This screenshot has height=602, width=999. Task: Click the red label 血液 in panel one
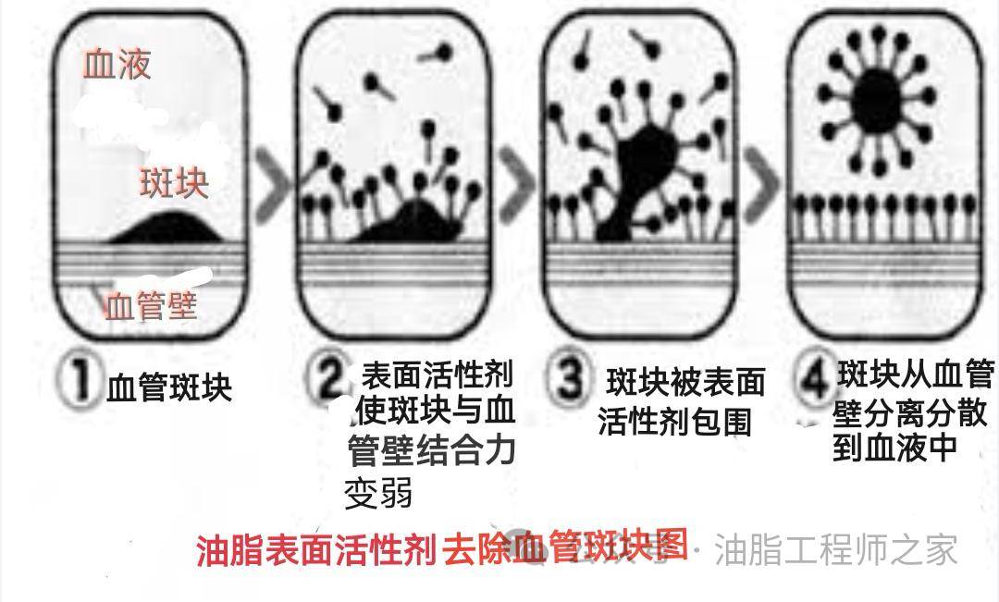(117, 65)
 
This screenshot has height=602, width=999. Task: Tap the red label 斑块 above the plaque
(174, 183)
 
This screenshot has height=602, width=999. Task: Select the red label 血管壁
(151, 306)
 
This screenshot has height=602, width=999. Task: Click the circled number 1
(80, 381)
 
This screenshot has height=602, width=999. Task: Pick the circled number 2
(328, 376)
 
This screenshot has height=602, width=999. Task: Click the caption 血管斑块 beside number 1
(169, 388)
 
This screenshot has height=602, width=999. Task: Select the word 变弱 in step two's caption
(378, 492)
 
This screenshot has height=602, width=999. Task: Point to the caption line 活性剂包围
(674, 421)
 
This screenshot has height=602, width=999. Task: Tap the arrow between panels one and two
(273, 184)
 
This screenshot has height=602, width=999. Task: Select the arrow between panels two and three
(517, 184)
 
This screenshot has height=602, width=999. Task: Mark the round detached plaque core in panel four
(877, 99)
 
